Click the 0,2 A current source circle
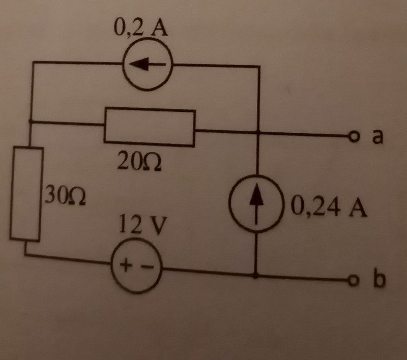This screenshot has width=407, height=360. pos(149,65)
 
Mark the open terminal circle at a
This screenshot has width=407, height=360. pos(352,136)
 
